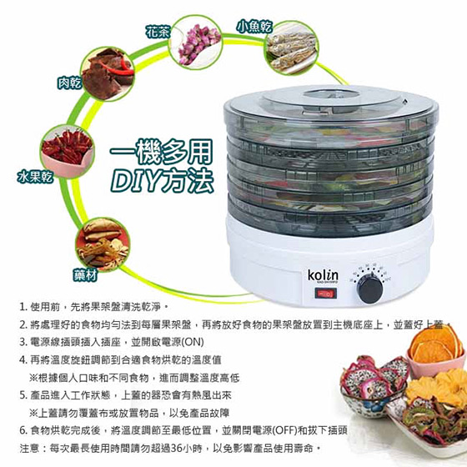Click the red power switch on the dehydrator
click(x=326, y=294)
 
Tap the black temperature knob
click(x=370, y=289)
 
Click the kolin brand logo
click(x=323, y=275)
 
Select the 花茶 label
click(x=158, y=33)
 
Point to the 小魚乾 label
click(x=255, y=27)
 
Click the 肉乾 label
click(x=69, y=83)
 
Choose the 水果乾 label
click(x=35, y=177)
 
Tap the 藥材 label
click(x=85, y=275)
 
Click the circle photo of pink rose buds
click(x=196, y=43)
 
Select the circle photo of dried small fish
click(x=291, y=48)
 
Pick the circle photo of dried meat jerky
click(x=108, y=74)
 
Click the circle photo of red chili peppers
click(x=68, y=151)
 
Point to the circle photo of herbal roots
click(x=103, y=245)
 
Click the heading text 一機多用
click(x=161, y=152)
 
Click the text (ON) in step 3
click(x=193, y=342)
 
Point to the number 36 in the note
click(x=177, y=448)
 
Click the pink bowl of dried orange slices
click(x=435, y=351)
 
